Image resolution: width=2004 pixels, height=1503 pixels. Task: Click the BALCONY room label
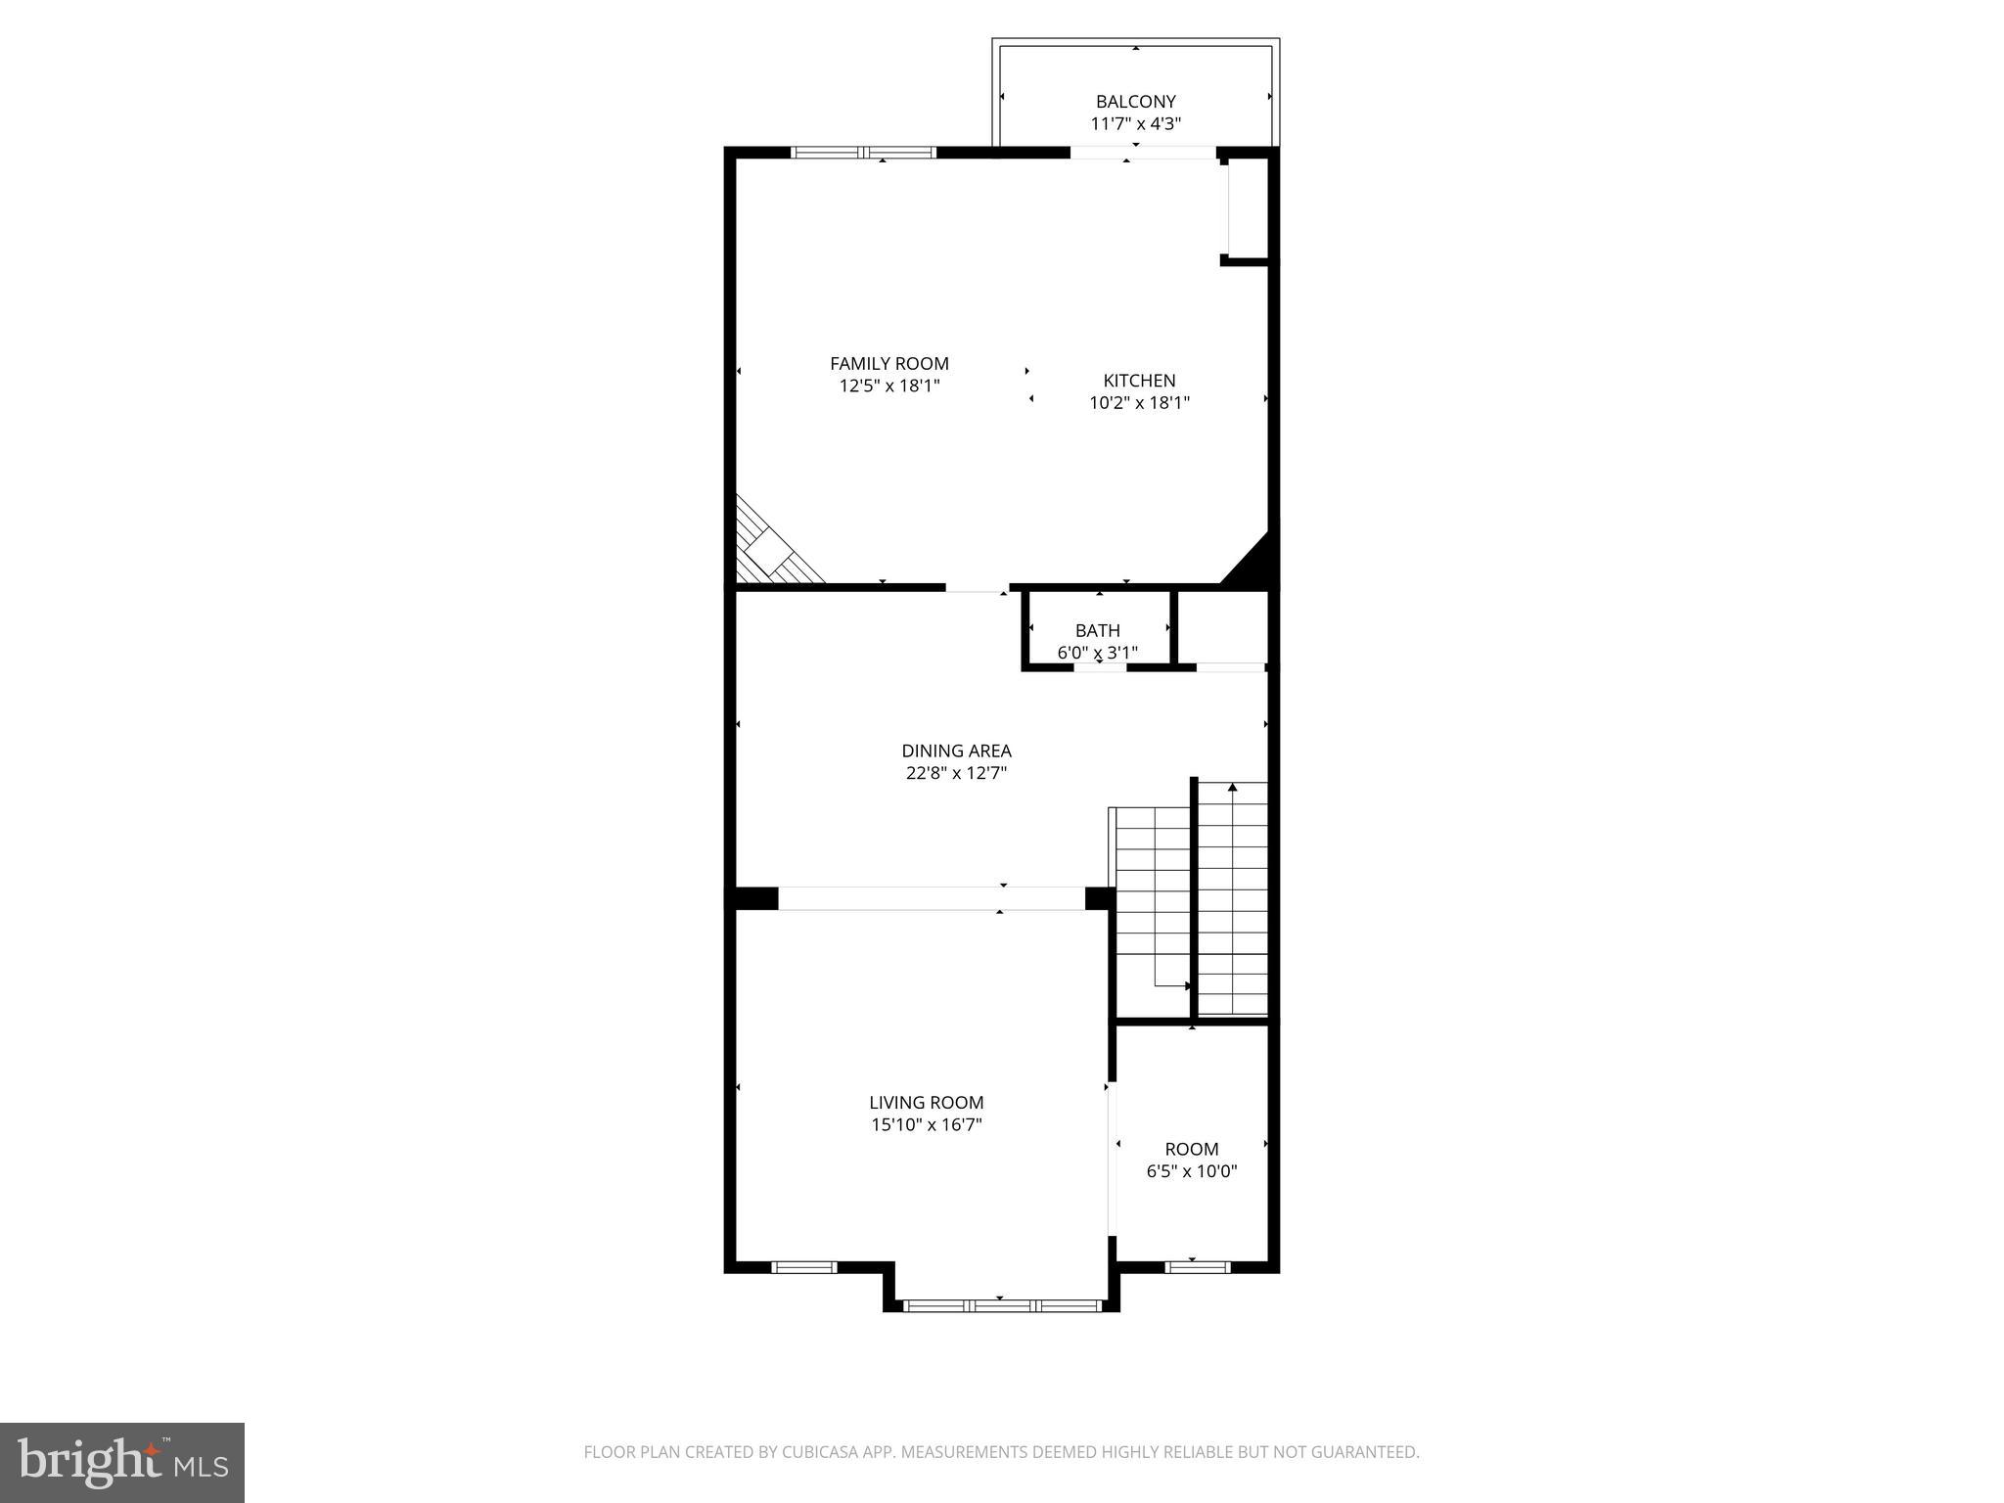(x=1135, y=102)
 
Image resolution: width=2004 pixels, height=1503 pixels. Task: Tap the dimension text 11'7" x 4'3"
(x=1135, y=124)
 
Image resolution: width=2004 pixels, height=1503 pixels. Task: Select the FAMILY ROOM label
(x=888, y=364)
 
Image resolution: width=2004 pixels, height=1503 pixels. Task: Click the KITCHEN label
(x=1139, y=381)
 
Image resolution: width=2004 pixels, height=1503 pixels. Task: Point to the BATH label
(x=1097, y=630)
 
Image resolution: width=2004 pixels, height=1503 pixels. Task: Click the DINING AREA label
(x=956, y=751)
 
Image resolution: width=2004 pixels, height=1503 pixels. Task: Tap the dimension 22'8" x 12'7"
(x=956, y=773)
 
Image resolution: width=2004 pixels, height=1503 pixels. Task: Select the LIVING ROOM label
(x=926, y=1103)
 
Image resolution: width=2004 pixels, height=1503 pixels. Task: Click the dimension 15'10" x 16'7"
(x=926, y=1125)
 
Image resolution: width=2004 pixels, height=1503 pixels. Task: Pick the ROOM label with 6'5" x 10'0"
(x=1191, y=1149)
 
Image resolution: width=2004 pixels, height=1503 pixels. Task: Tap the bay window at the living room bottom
(x=1002, y=1305)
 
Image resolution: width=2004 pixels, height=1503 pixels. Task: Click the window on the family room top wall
(x=863, y=153)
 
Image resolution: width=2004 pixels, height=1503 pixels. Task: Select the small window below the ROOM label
(x=1197, y=1267)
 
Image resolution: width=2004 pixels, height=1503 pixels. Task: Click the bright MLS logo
(x=121, y=1462)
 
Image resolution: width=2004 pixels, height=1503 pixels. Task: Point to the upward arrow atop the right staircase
(x=1232, y=788)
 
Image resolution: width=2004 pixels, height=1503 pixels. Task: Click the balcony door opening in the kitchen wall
(x=1142, y=153)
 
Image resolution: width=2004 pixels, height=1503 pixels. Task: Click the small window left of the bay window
(x=803, y=1267)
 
